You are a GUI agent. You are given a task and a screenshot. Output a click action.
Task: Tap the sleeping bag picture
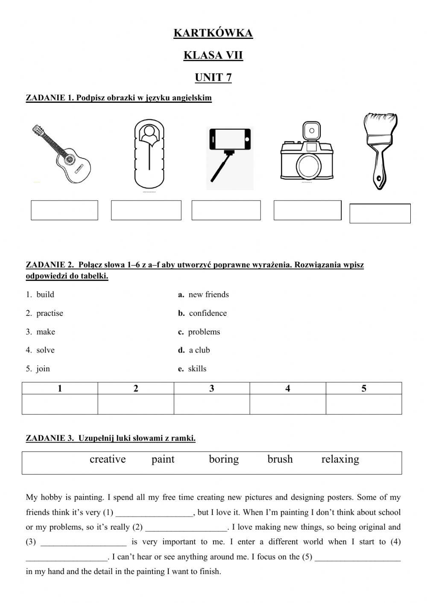(149, 154)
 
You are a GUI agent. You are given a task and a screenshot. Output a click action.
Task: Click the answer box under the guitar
(64, 210)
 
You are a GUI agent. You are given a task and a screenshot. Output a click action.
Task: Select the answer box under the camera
(307, 210)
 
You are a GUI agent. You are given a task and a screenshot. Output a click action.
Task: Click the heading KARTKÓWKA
(213, 33)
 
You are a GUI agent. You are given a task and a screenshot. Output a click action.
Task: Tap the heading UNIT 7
(213, 78)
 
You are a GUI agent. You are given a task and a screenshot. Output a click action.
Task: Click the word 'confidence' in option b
(208, 313)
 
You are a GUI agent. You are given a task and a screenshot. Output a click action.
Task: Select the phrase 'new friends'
(208, 294)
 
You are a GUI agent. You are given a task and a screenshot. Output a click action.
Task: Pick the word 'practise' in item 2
(50, 313)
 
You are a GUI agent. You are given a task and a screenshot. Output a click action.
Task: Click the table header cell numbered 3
(212, 388)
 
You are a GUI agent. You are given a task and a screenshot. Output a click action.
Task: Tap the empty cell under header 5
(364, 404)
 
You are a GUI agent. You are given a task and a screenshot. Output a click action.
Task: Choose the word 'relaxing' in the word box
(340, 459)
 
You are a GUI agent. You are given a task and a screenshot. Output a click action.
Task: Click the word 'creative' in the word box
(108, 459)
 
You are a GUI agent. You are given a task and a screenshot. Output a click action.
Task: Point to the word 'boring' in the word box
(224, 459)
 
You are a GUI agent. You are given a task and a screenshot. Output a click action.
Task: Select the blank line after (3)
(84, 543)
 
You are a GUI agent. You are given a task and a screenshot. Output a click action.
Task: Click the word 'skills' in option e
(197, 369)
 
